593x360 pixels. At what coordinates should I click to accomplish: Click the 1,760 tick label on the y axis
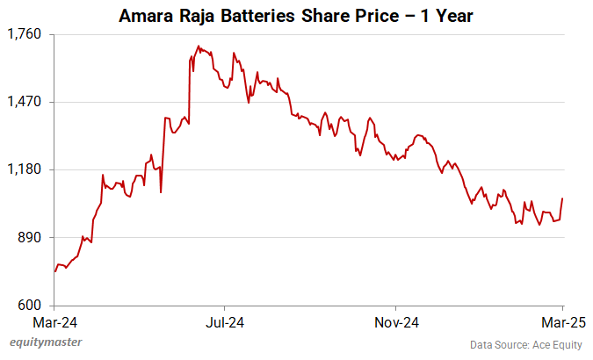tap(25, 34)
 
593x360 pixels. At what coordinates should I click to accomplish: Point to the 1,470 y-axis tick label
tap(25, 102)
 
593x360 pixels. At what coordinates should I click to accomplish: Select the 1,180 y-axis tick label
tap(25, 169)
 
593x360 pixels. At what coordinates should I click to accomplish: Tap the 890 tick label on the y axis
tap(31, 238)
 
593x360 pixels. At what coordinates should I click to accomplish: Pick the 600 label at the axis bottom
tap(31, 306)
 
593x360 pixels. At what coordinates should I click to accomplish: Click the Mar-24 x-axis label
tap(54, 321)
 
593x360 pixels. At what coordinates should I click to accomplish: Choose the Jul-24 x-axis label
tap(225, 321)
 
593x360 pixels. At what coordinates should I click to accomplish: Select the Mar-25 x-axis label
tap(561, 321)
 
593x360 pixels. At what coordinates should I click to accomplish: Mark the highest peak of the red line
tap(199, 46)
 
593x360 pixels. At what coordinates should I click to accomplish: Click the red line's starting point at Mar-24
tap(54, 271)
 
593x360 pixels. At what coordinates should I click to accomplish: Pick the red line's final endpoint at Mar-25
tap(562, 198)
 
